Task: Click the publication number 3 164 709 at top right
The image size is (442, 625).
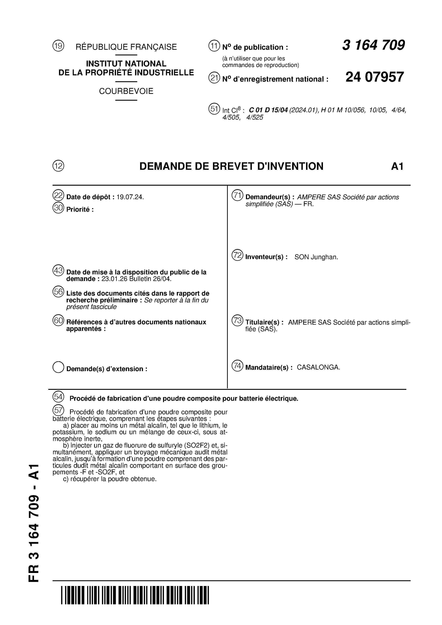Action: click(373, 45)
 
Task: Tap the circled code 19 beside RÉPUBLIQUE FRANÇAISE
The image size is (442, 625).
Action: click(58, 46)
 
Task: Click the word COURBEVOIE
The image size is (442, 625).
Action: click(126, 91)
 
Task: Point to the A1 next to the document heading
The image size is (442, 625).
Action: click(397, 166)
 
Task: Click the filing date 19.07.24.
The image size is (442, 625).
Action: click(130, 197)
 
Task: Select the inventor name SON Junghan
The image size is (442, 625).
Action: click(316, 257)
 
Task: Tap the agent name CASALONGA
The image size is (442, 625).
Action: click(318, 368)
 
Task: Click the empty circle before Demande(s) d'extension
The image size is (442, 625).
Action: click(58, 367)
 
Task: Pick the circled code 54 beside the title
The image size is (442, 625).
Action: click(58, 397)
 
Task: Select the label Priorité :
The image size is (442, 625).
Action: click(80, 210)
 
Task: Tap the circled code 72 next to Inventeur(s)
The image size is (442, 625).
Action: click(237, 255)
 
